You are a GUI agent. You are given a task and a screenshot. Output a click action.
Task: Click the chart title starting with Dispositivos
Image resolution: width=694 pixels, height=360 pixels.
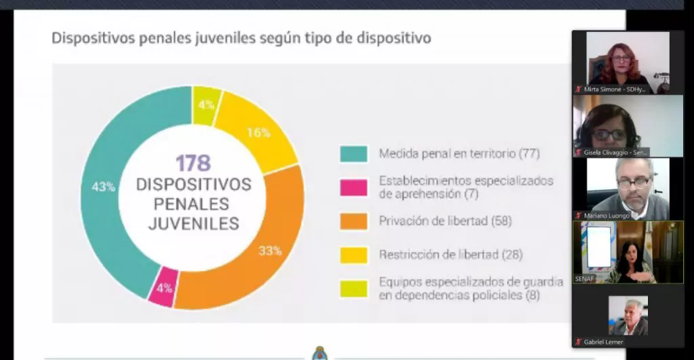point(241,38)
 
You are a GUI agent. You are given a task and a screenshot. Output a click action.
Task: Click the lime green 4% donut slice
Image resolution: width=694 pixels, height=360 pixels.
point(207,104)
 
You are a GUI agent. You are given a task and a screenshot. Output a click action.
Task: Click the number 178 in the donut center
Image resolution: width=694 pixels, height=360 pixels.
point(193,163)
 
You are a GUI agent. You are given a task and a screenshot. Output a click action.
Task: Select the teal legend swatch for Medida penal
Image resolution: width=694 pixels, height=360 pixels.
point(353,153)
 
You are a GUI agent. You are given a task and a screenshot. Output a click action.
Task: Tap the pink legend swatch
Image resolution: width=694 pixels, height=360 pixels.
point(353,187)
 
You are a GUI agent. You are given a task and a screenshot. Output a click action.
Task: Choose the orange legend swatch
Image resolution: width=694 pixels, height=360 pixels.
point(353,221)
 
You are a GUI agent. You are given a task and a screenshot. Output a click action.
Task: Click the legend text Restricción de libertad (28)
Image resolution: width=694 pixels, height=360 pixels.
point(451,255)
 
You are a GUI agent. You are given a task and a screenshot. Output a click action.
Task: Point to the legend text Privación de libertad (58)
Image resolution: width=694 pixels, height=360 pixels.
point(445,221)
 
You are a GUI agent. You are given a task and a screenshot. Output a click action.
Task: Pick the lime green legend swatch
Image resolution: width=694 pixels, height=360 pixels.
point(353,289)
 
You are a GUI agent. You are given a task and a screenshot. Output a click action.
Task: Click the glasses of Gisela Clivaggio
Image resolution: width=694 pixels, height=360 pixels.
point(609,134)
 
